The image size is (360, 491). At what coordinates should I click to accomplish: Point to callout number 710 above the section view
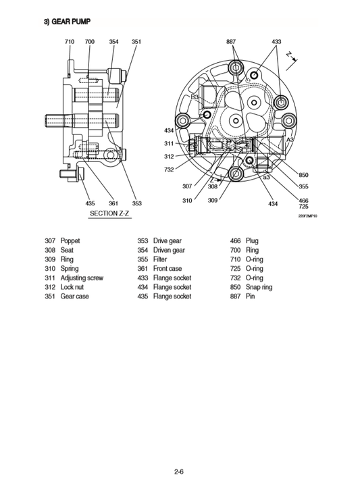point(70,42)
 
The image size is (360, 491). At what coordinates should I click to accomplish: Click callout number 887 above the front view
point(232,42)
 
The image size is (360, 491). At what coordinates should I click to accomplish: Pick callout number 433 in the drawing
point(276,42)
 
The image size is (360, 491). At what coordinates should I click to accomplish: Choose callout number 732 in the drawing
point(169,170)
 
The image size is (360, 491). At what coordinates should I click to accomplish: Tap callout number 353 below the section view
point(136,203)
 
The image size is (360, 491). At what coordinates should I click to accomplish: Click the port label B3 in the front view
point(195,98)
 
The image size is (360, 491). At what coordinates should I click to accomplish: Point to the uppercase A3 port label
point(291,139)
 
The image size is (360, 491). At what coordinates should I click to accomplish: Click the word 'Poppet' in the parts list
point(71,240)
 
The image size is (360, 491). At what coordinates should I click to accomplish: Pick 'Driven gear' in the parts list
point(169,250)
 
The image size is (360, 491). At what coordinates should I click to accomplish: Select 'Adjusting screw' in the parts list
point(83,278)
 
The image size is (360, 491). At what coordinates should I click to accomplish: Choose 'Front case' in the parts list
point(168,268)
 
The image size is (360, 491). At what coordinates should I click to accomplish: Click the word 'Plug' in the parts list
point(252,240)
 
